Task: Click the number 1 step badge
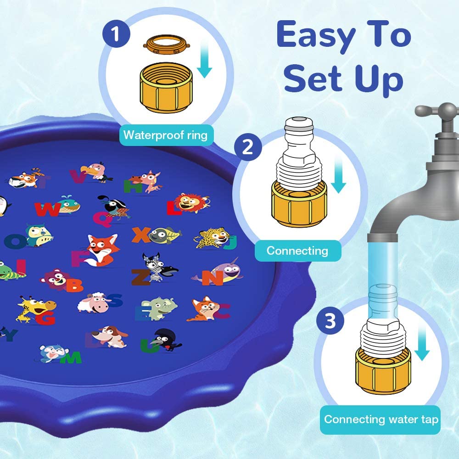point(116,34)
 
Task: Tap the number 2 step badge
point(248,147)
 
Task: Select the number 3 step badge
point(330,321)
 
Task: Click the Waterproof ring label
point(166,135)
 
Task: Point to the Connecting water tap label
point(380,420)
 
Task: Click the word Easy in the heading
point(316,36)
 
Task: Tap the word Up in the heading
point(380,79)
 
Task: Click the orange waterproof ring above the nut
point(167,45)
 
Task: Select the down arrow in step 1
point(204,59)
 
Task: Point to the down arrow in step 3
point(422,342)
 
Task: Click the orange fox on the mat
point(101,250)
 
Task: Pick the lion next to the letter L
point(191,202)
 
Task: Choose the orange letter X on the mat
point(141,235)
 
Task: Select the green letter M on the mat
point(71,358)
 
